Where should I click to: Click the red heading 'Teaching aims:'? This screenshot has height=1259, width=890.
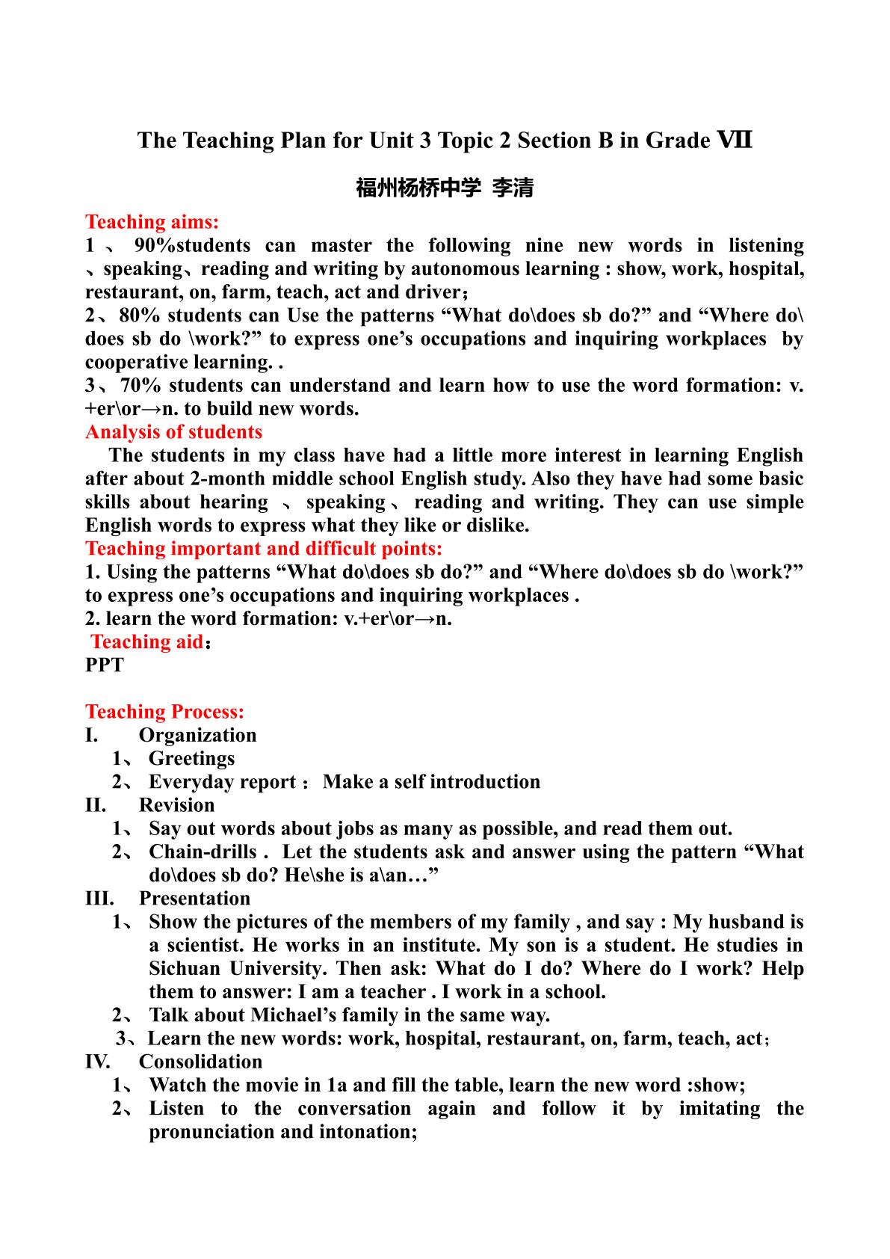pyautogui.click(x=152, y=222)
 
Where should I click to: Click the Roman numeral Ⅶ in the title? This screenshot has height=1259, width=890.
pyautogui.click(x=734, y=140)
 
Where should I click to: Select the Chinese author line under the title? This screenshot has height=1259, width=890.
pyautogui.click(x=445, y=188)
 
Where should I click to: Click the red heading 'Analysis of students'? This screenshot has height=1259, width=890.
pyautogui.click(x=173, y=432)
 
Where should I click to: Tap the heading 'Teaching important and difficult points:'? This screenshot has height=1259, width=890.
pyautogui.click(x=264, y=549)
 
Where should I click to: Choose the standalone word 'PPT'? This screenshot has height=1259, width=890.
pyautogui.click(x=105, y=665)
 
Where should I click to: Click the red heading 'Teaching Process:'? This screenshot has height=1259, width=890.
pyautogui.click(x=164, y=712)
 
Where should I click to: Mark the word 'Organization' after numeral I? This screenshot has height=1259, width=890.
pyautogui.click(x=197, y=736)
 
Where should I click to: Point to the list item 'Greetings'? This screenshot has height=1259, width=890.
pyautogui.click(x=191, y=759)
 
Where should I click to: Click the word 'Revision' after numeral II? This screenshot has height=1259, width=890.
pyautogui.click(x=176, y=805)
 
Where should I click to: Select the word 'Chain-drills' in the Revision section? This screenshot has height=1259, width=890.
pyautogui.click(x=203, y=852)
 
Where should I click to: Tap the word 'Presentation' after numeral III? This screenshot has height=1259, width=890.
pyautogui.click(x=194, y=899)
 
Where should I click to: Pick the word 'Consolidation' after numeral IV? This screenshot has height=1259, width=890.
pyautogui.click(x=200, y=1062)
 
